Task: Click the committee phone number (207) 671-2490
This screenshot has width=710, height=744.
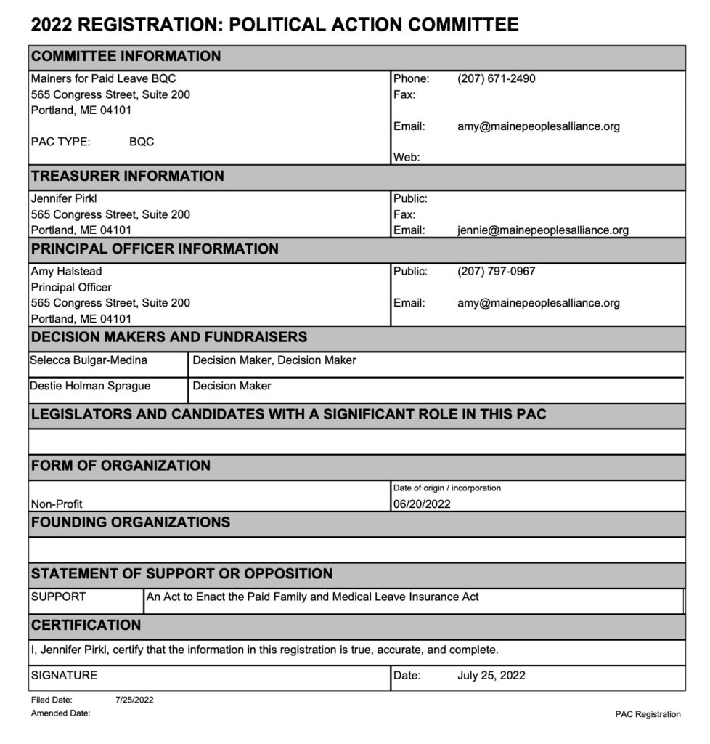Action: (496, 78)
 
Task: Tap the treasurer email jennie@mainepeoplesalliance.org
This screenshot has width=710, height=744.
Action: (542, 230)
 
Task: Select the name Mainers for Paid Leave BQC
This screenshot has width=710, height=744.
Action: (103, 78)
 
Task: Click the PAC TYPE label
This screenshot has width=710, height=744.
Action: (60, 142)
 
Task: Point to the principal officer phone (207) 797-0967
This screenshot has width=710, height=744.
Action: (496, 272)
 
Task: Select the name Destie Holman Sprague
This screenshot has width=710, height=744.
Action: (90, 386)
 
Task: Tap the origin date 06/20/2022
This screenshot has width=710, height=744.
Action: (422, 503)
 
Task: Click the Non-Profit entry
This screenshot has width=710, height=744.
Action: (57, 503)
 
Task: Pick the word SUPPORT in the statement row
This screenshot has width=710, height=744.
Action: (58, 597)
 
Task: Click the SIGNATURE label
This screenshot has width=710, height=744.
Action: (64, 675)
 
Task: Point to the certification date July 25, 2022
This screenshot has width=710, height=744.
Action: (491, 675)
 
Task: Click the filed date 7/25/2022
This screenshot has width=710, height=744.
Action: (134, 700)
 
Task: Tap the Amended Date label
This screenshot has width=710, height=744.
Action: (60, 713)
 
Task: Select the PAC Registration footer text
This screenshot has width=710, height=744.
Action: (648, 714)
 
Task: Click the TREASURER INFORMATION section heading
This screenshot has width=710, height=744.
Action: (127, 176)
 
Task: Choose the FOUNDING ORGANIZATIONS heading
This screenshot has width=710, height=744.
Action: (130, 522)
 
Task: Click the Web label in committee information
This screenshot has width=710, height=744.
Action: (406, 157)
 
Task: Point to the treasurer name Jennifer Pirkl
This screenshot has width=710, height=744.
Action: (64, 198)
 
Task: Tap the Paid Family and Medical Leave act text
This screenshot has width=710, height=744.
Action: (312, 597)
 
